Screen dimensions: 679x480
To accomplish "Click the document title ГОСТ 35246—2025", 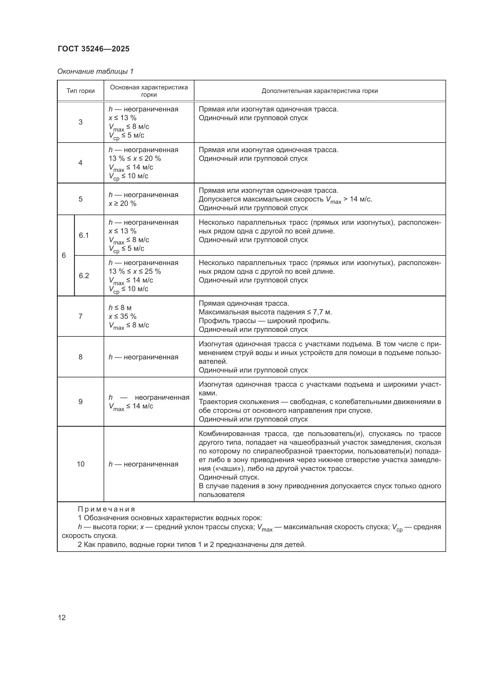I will coord(94,49).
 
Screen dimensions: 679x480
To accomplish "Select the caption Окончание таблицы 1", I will coord(95,72).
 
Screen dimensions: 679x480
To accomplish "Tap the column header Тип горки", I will coord(80,91).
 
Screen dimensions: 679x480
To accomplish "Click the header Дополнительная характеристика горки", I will coord(320,91).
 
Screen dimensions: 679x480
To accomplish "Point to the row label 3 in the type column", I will coord(80,122).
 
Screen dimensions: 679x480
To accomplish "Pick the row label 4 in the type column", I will coord(80,163).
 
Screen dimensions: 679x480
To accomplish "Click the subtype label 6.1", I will coord(84,235).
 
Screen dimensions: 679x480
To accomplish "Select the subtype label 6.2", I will coord(84,276).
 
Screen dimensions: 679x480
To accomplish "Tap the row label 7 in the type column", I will coord(80,316).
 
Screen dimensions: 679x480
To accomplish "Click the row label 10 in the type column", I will coord(80,464).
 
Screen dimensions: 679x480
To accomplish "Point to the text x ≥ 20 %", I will coord(122,204).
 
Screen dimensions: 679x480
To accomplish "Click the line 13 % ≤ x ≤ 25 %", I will coord(135,271).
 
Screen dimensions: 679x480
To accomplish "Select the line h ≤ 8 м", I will coord(120,308).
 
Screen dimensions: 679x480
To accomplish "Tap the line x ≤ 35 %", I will coord(122,316).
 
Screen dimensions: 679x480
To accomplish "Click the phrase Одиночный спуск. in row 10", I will coord(229,477).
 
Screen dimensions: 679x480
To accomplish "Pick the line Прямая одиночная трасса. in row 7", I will coord(244,303).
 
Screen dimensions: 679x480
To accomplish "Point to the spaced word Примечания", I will coord(107,509).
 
